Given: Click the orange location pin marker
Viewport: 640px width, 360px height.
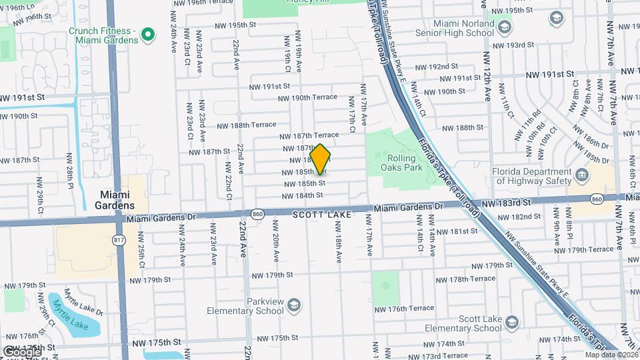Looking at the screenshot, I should pos(321,159).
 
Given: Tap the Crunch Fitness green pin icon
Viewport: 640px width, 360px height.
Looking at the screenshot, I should pos(149,33).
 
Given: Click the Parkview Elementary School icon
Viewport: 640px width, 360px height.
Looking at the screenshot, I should pos(293,307).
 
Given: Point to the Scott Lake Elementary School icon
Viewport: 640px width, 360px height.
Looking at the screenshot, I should pos(511,323).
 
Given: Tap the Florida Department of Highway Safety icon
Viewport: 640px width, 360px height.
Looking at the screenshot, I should pos(582,176).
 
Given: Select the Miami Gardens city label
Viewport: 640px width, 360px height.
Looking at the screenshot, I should pos(117,200).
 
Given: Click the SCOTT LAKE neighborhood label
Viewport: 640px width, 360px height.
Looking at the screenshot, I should pos(321,215).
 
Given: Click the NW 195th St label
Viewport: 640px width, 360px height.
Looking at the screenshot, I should pos(235,25).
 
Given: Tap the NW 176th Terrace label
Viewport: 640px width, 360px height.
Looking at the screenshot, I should pos(404,309).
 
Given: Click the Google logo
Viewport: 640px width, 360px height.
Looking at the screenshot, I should pos(21,351).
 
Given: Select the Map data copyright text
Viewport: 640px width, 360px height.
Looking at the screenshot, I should pos(611,355).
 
